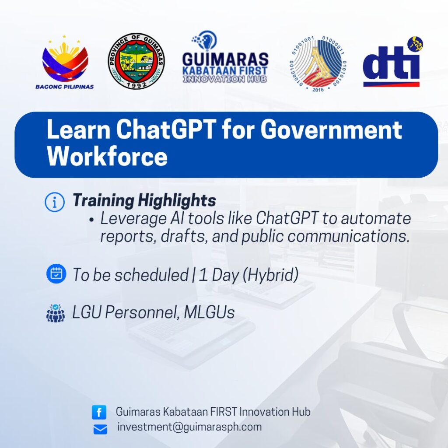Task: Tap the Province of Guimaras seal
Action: coord(136,61)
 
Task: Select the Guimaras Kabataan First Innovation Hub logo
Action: coord(225,57)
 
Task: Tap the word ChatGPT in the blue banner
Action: coord(166,129)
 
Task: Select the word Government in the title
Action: coord(331,129)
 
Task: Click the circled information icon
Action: coord(55,202)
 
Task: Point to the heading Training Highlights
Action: coord(144,200)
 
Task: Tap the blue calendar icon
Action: coord(56,274)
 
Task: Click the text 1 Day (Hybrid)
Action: coord(248,275)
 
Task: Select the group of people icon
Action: coord(56,313)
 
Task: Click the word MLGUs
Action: coord(209,311)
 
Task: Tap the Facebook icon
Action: coord(99,412)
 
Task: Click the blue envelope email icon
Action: coord(100,429)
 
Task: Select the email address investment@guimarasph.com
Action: coord(189,427)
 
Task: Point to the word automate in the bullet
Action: coord(376,219)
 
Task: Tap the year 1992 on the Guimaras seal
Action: coord(136,84)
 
